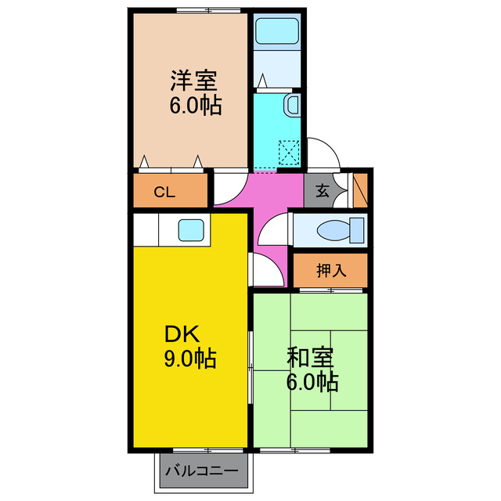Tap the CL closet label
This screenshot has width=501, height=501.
[x=164, y=191]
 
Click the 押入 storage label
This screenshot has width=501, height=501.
[x=330, y=271]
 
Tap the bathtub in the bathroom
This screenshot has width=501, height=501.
[x=278, y=32]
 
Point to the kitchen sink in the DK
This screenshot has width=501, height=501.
[x=191, y=230]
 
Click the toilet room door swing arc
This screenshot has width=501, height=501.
[x=272, y=228]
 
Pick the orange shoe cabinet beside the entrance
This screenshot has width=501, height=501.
[x=360, y=188]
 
